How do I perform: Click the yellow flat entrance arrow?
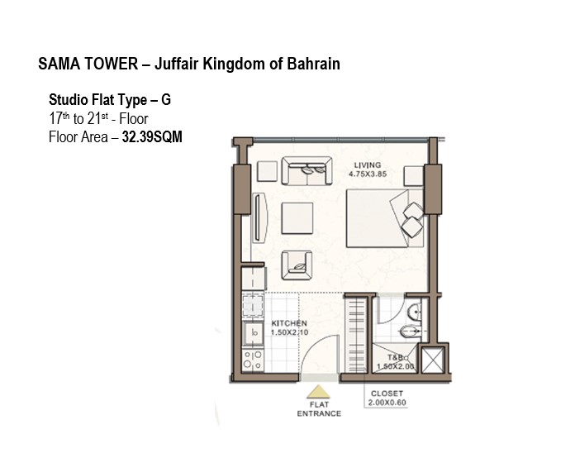point(318,392)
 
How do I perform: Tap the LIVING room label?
point(367,165)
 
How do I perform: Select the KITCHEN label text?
point(289,323)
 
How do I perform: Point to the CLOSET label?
point(387,394)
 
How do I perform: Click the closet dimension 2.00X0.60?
point(387,403)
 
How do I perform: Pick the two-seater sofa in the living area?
point(307,170)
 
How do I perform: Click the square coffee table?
point(297,218)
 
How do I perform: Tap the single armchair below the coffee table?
point(297,265)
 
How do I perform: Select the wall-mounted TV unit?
point(259,217)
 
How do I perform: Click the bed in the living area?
point(385,218)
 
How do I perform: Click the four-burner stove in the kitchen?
point(253,360)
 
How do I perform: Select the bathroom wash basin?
point(415,312)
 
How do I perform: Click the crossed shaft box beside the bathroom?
point(433,360)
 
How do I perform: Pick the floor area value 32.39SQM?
point(152,137)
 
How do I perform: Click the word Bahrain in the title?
point(313,64)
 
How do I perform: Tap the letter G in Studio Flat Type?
point(166,100)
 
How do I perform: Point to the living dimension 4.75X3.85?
point(368,174)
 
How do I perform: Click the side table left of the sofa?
point(267,171)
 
